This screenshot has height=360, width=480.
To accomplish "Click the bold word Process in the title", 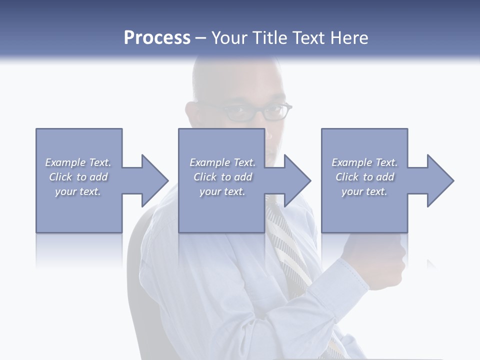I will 157,38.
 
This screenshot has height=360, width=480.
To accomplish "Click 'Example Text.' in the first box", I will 78,162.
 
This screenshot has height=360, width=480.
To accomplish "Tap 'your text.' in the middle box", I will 222,191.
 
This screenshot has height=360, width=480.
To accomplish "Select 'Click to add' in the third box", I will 364,177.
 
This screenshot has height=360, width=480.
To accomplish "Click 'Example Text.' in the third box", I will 364,162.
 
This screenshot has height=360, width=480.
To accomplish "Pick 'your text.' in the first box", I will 78,191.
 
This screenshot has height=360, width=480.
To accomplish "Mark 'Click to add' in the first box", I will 78,177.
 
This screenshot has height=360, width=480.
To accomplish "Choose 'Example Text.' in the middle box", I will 222,162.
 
